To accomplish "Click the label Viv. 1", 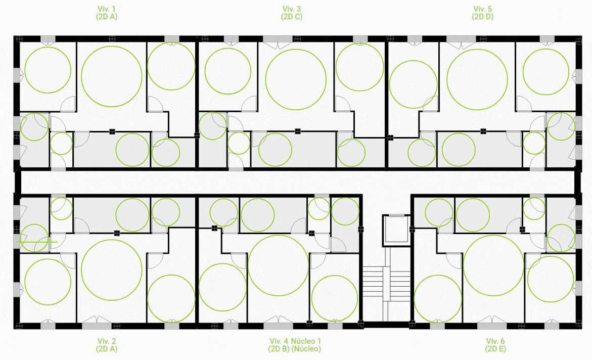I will pos(107,9).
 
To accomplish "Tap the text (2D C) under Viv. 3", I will pos(292,17).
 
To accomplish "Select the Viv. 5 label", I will pos(482,9).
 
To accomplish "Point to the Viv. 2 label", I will pos(107,341).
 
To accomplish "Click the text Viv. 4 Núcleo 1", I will pos(295,341).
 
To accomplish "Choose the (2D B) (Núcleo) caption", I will pos(295,349).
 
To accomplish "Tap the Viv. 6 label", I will pos(495,341).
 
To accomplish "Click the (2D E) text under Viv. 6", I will pos(495,349).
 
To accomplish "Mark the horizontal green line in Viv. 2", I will pos(36,242).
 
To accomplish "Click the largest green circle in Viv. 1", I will pos(111,76).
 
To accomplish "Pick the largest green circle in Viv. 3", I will pos(296,78).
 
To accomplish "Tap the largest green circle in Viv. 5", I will pos(477,79).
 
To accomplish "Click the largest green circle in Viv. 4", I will pos(279,265).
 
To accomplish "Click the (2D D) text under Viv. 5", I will pos(482,17).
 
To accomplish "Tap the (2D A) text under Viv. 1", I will pos(107,17).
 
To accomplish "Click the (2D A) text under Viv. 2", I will pos(107,349).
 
